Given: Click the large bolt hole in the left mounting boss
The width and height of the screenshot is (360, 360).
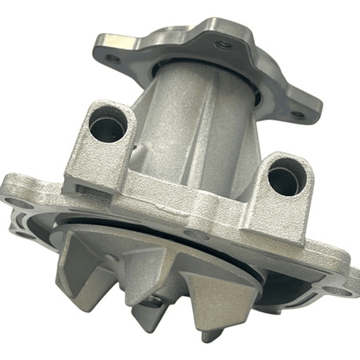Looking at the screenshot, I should pos(107,126).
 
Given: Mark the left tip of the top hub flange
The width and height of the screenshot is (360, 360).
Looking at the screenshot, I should pos(100,43).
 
